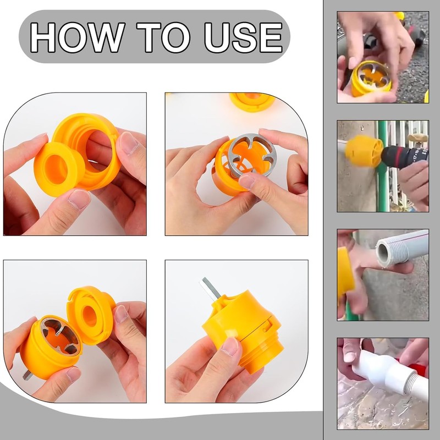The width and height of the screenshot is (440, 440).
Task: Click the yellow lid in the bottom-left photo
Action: [x=91, y=313]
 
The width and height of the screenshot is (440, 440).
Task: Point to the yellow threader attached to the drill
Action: [x=362, y=151]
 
